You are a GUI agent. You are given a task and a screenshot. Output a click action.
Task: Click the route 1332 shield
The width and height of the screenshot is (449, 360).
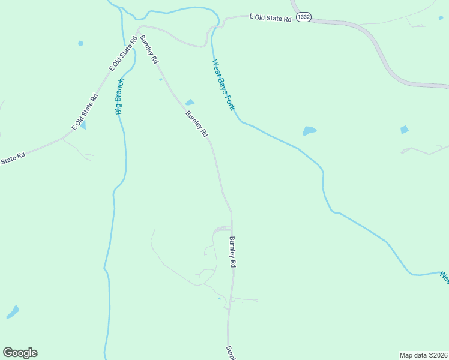(304, 17)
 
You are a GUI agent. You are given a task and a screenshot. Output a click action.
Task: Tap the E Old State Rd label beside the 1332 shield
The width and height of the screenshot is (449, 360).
(271, 18)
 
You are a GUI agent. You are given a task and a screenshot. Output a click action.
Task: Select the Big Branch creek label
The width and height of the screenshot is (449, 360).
(119, 96)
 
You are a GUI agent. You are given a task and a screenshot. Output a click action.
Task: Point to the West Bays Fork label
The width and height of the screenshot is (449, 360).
(223, 84)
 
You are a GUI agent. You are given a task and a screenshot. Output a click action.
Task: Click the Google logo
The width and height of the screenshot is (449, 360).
(20, 352)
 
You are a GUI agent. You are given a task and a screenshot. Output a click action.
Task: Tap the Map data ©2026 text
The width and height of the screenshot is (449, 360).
(423, 355)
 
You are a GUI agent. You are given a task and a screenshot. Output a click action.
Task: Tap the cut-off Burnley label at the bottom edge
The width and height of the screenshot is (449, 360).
(229, 352)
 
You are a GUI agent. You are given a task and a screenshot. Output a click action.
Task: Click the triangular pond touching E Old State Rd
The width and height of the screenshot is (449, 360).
(83, 125)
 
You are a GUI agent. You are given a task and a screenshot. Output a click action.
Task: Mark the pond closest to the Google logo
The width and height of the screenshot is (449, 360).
(13, 312)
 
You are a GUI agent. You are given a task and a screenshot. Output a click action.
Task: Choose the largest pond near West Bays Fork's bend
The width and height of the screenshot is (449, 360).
(309, 130)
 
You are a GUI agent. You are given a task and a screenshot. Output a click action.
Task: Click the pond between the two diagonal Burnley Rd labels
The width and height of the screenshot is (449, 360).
(190, 102)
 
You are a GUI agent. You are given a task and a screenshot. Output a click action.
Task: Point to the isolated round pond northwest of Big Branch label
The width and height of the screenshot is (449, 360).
(80, 43)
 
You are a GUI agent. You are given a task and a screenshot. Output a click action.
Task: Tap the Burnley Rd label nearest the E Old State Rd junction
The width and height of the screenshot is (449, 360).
(149, 50)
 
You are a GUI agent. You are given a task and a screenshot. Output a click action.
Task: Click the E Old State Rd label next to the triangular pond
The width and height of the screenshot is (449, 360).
(85, 112)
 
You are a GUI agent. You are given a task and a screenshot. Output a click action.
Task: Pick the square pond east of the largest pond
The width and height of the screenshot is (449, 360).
(404, 129)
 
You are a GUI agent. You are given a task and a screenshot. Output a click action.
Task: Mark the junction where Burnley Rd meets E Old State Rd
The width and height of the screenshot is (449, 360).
(139, 28)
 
